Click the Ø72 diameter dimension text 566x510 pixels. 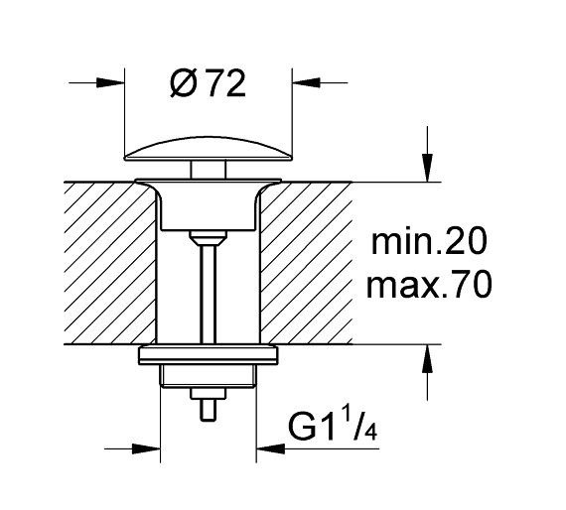click(207, 84)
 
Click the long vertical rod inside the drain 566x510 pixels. click(208, 293)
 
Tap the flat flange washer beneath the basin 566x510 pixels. click(208, 354)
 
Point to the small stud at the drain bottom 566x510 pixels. click(208, 408)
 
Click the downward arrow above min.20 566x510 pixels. click(426, 170)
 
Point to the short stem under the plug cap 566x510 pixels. click(208, 172)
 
